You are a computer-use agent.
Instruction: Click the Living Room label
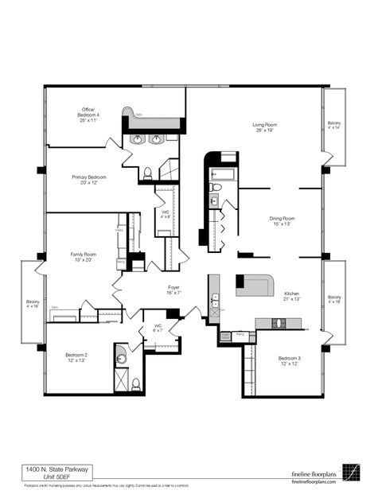264,128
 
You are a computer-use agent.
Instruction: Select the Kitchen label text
292,297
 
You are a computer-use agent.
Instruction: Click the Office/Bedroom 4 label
89,116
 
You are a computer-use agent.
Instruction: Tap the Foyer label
173,290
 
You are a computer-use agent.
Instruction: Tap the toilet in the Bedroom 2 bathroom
136,384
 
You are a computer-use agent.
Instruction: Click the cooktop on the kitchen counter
279,322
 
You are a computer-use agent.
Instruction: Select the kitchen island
254,284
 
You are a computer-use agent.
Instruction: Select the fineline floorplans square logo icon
351,471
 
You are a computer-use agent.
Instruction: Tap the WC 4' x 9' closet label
165,215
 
